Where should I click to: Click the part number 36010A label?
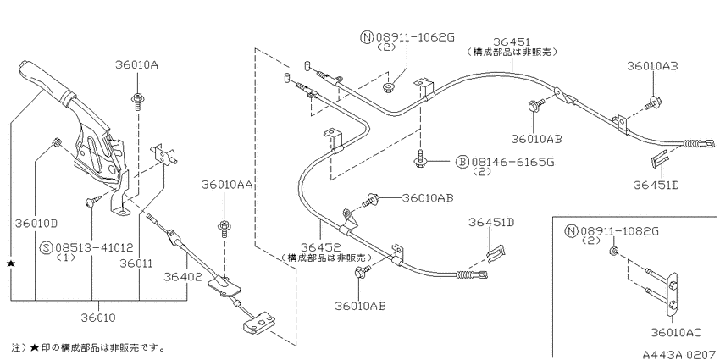click(x=136, y=65)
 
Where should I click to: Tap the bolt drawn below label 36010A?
click(x=137, y=101)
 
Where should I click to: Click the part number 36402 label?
click(x=183, y=276)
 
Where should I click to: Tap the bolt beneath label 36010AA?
click(x=224, y=228)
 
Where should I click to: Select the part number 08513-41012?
click(x=94, y=248)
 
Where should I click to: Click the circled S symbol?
click(x=47, y=248)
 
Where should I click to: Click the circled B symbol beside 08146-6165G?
click(x=462, y=162)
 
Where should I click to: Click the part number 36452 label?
click(x=319, y=247)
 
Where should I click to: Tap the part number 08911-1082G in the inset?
click(x=619, y=231)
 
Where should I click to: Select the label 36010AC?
click(x=675, y=332)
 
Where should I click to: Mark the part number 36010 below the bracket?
click(x=98, y=318)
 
